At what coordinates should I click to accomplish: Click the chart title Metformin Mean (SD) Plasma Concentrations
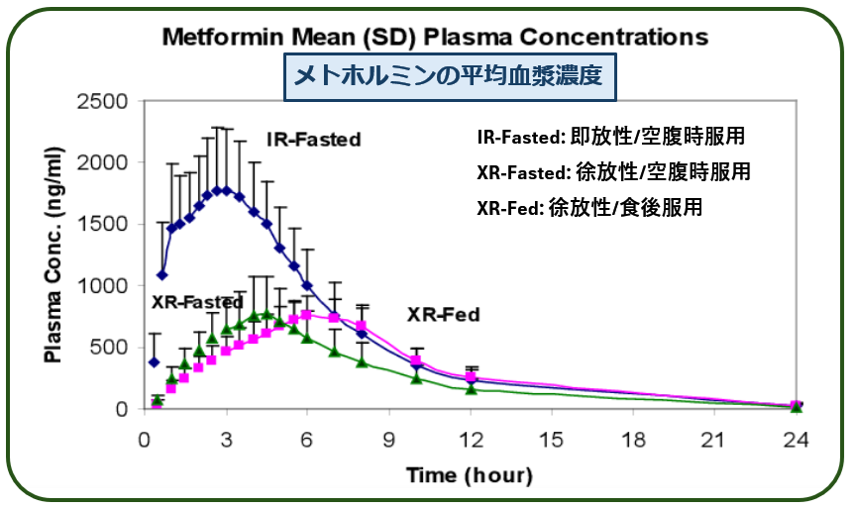point(435,37)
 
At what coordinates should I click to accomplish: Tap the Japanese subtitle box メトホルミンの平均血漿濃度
point(450,76)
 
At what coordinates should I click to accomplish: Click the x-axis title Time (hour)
point(470,475)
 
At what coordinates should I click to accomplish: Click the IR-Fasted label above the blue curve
point(312,140)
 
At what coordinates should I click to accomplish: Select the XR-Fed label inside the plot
point(443,316)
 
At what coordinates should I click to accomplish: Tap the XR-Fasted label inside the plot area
point(197,301)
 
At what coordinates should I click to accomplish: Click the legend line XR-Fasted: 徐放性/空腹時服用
point(613,172)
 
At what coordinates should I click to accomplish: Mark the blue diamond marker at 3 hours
point(227,190)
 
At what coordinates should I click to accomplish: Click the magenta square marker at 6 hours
point(308,315)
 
